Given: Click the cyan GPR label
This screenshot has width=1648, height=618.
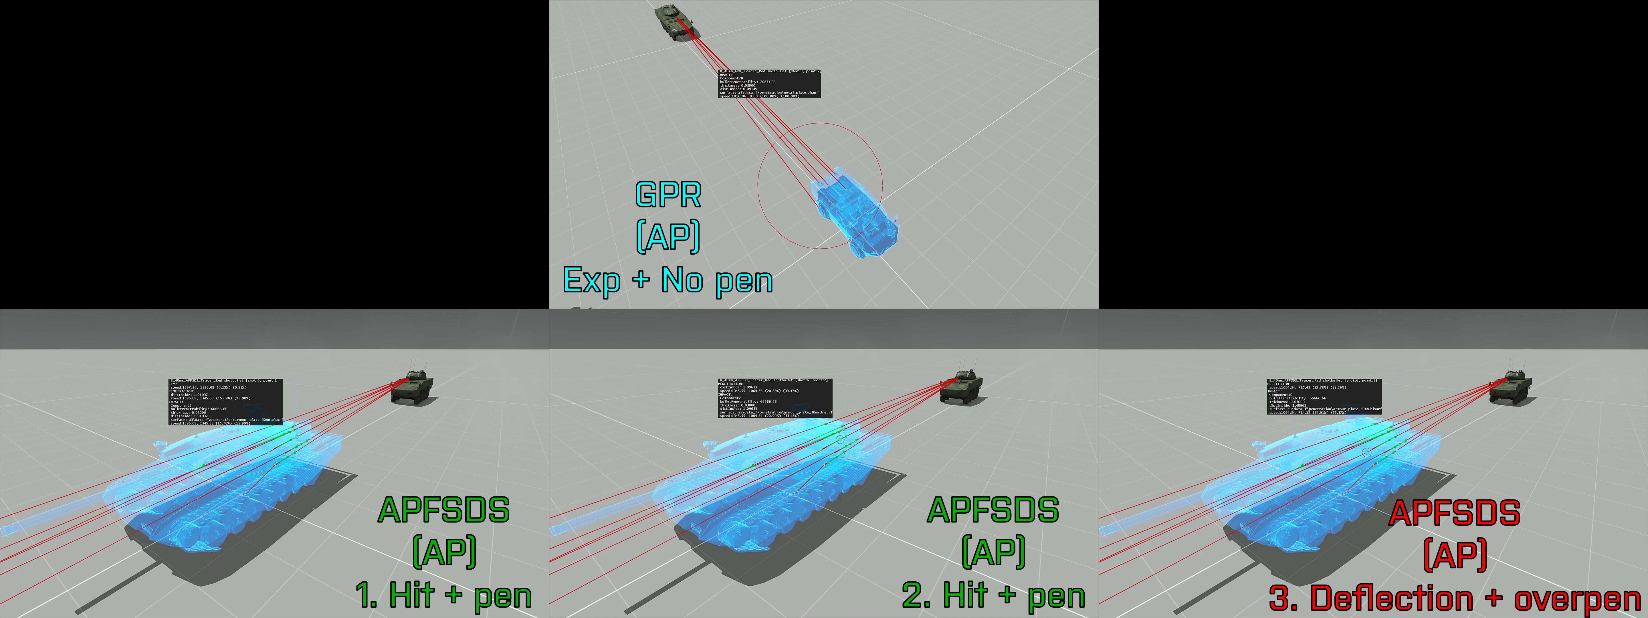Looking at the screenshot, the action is pos(668,195).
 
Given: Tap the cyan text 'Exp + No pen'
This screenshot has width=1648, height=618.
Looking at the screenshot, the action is pos(668,280).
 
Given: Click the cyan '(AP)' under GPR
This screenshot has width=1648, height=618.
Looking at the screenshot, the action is pos(668,237).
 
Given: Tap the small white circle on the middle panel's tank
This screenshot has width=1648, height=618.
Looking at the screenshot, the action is pos(840,439).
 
